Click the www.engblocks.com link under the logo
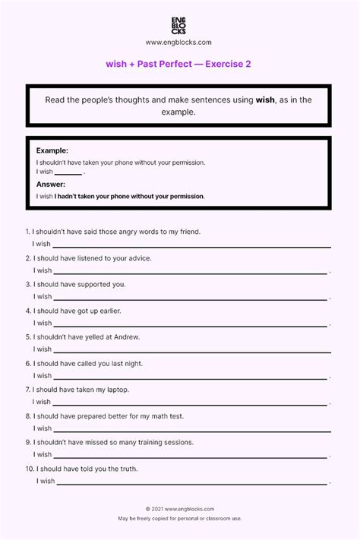point(179,43)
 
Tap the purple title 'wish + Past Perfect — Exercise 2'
point(179,65)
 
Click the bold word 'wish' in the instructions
point(265,99)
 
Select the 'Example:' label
point(52,151)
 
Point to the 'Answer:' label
point(51,185)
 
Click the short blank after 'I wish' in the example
point(68,174)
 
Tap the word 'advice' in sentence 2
point(139,258)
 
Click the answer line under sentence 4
point(190,324)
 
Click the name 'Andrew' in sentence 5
point(126,336)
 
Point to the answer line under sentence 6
point(190,377)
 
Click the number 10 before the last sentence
point(29,469)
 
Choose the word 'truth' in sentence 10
point(127,469)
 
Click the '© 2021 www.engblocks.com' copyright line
point(179,509)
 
